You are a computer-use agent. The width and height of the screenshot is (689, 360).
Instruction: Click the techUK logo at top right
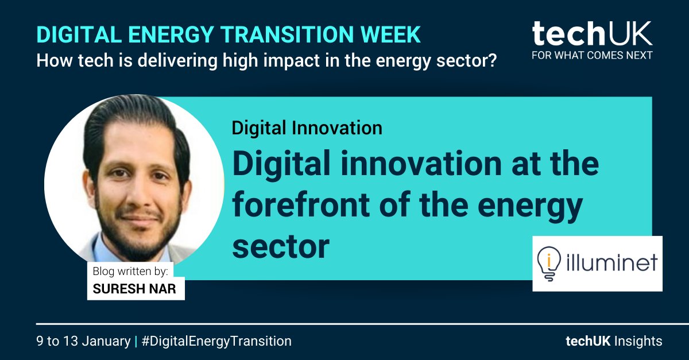click(x=591, y=34)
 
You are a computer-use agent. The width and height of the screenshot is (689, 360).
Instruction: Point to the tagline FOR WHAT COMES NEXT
click(x=591, y=56)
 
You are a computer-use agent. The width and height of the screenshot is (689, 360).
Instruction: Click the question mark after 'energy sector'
click(x=492, y=59)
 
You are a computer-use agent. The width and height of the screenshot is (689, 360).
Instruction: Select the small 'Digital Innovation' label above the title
click(x=307, y=127)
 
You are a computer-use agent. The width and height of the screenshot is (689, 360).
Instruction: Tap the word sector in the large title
click(x=281, y=245)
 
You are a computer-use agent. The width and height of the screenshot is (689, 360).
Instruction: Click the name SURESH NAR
click(x=136, y=288)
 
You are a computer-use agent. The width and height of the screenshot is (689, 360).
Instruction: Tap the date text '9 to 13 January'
click(x=83, y=341)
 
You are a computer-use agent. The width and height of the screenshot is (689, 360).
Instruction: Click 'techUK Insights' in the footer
click(x=614, y=341)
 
